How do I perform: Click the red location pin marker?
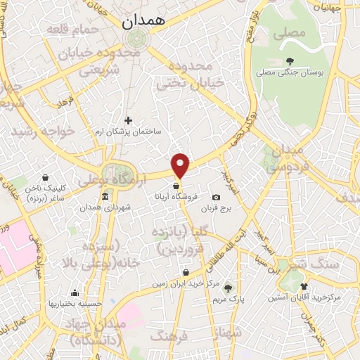(x=181, y=165)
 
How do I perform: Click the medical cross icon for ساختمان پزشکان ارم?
(x=128, y=120)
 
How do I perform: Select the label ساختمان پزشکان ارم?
(x=129, y=131)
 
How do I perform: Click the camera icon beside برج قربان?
(x=216, y=197)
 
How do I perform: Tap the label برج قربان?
(x=217, y=208)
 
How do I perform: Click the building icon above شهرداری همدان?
(x=105, y=196)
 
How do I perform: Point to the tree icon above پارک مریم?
(x=226, y=285)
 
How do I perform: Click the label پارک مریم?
(x=227, y=298)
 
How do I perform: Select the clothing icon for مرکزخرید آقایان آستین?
(x=304, y=286)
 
